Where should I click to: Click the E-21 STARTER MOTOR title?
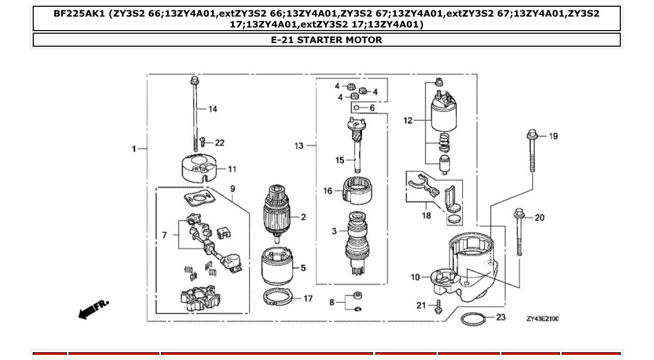pyautogui.click(x=326, y=40)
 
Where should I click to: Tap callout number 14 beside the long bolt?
pyautogui.click(x=213, y=109)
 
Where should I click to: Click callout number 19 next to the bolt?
pyautogui.click(x=553, y=136)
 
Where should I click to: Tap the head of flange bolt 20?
pyautogui.click(x=519, y=213)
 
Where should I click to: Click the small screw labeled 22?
pyautogui.click(x=203, y=142)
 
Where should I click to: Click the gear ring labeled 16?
pyautogui.click(x=356, y=190)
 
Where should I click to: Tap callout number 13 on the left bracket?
pyautogui.click(x=299, y=146)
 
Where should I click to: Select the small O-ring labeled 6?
pyautogui.click(x=357, y=108)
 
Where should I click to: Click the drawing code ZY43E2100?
pyautogui.click(x=542, y=319)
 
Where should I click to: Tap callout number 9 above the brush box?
pyautogui.click(x=233, y=189)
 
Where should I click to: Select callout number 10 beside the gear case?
pyautogui.click(x=415, y=277)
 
